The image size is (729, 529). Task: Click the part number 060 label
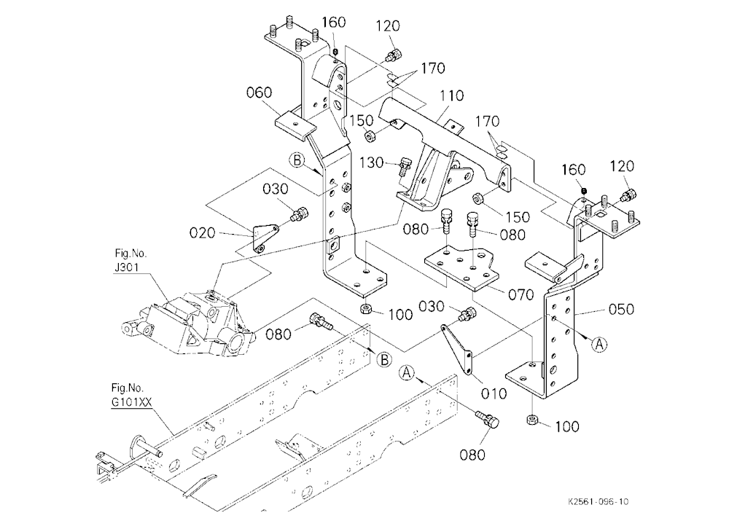click(x=259, y=93)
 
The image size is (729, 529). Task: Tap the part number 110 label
click(x=451, y=95)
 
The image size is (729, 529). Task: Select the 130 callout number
click(x=372, y=162)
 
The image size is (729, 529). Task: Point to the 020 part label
click(x=202, y=232)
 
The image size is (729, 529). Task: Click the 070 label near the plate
click(x=521, y=294)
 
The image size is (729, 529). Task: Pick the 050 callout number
click(x=621, y=309)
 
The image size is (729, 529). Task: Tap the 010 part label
click(x=494, y=393)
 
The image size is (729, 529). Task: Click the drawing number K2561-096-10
click(x=598, y=501)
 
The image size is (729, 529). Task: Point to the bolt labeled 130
click(x=405, y=166)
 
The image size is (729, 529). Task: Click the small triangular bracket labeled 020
click(x=265, y=237)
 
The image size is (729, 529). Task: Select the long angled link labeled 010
click(x=457, y=349)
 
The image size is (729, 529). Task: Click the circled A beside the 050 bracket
click(x=599, y=344)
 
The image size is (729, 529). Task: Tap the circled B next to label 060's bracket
click(x=297, y=161)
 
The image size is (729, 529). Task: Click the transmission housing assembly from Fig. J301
click(x=186, y=324)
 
